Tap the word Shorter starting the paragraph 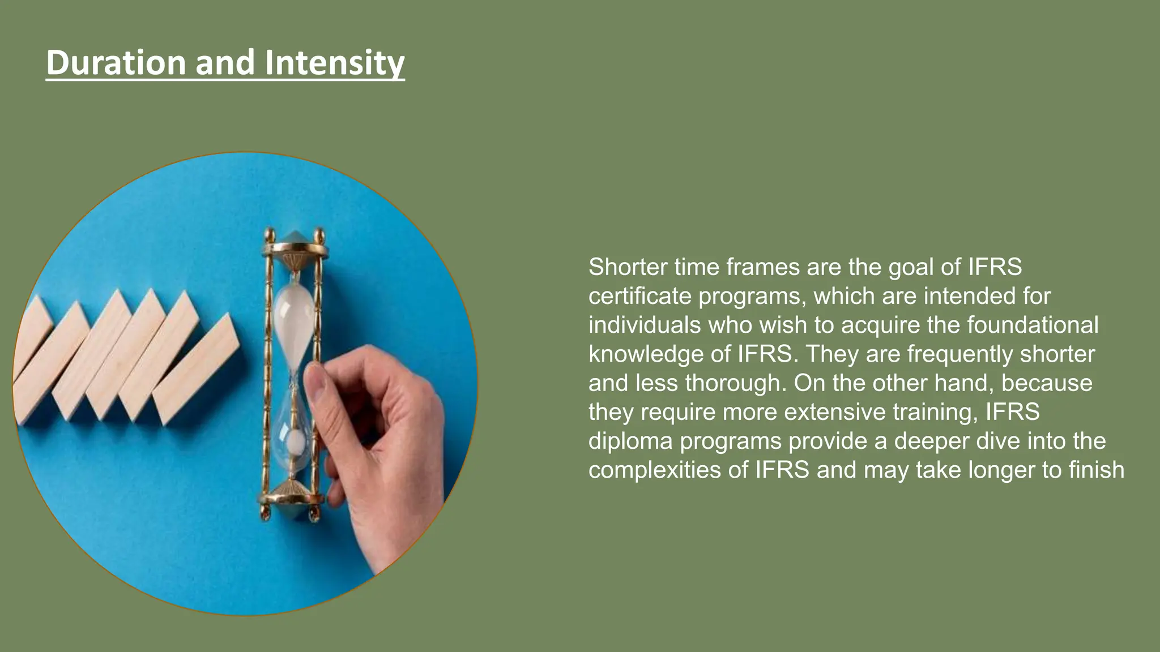pos(628,267)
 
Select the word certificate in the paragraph pos(639,297)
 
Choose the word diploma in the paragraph pos(630,441)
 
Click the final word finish pos(1096,470)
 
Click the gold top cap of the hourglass pos(295,246)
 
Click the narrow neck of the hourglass pos(294,376)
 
